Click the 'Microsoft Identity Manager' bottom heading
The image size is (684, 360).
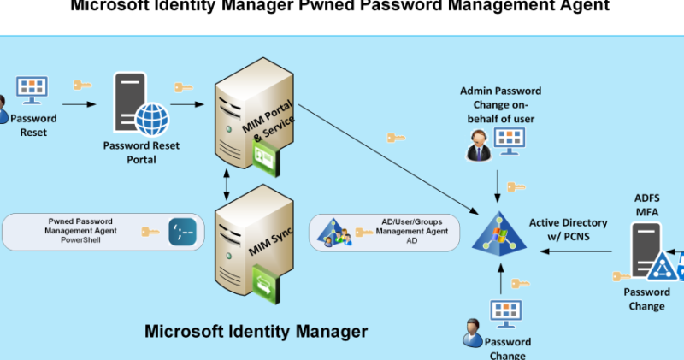pyautogui.click(x=256, y=331)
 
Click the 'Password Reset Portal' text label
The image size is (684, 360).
pyautogui.click(x=141, y=152)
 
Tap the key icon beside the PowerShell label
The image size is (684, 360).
pyautogui.click(x=150, y=232)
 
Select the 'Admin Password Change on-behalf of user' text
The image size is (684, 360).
pyautogui.click(x=500, y=104)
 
